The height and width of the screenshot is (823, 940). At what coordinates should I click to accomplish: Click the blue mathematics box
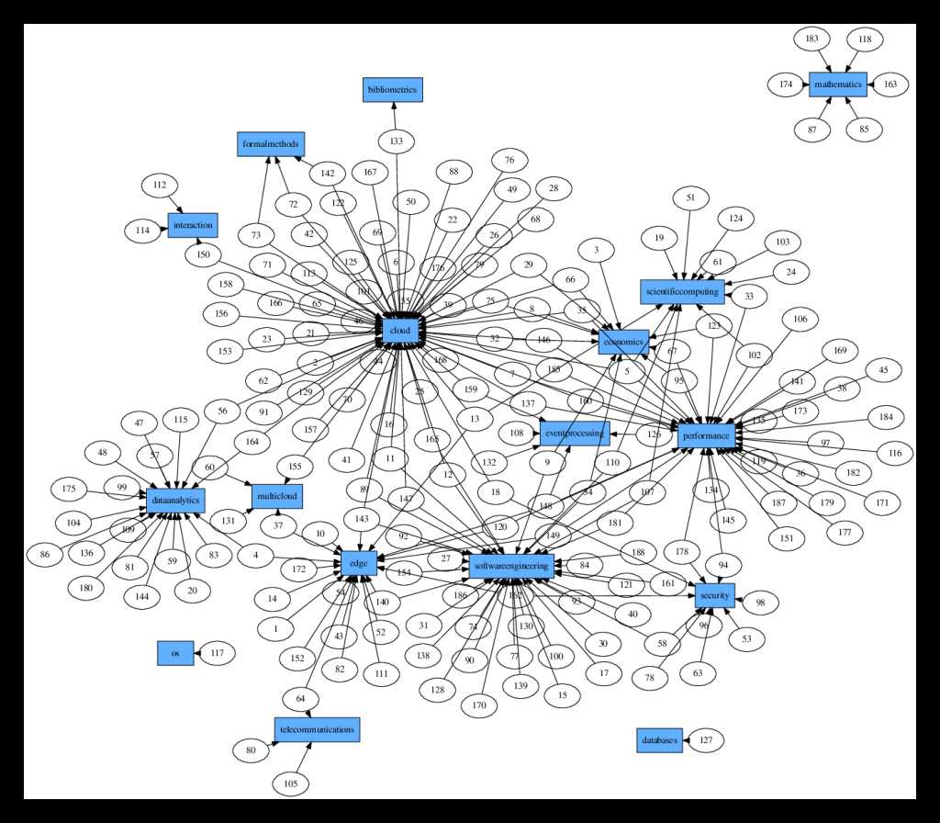(x=837, y=85)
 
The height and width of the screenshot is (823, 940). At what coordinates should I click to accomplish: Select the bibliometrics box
(x=392, y=90)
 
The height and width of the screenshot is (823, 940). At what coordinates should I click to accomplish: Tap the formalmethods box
(x=270, y=144)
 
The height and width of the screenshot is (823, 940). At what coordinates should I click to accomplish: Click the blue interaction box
(x=192, y=224)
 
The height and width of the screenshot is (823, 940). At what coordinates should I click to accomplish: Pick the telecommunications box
(x=316, y=729)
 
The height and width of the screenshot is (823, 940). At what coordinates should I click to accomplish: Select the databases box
(x=660, y=739)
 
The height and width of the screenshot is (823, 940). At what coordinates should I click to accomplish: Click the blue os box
(x=174, y=653)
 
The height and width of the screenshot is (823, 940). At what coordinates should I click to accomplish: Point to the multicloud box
(x=276, y=497)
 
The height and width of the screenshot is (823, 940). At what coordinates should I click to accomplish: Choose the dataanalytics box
(x=174, y=500)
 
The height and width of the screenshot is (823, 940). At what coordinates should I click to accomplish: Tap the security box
(x=714, y=595)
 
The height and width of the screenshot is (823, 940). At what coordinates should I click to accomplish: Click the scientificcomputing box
(x=683, y=291)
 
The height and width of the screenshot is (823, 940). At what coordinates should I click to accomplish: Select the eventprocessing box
(x=573, y=432)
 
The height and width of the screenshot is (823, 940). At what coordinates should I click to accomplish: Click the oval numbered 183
(x=811, y=39)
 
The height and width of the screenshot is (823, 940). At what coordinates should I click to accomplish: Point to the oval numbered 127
(x=706, y=740)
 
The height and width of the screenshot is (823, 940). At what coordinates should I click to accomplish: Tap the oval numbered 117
(x=217, y=653)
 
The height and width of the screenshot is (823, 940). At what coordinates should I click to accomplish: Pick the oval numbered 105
(x=290, y=784)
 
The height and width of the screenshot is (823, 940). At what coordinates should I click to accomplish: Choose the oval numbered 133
(x=396, y=141)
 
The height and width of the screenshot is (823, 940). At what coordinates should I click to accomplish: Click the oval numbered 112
(x=160, y=185)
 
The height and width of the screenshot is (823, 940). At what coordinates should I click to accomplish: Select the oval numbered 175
(x=69, y=488)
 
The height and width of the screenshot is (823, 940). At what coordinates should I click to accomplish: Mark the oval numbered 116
(x=895, y=453)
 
